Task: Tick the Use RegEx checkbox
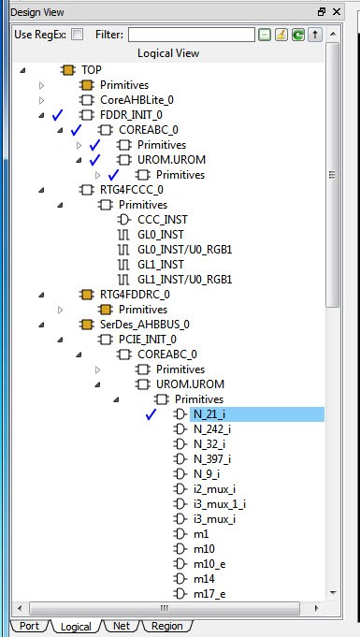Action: point(77,35)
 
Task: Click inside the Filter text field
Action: point(192,35)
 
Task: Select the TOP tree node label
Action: point(92,70)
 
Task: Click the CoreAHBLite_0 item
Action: point(137,100)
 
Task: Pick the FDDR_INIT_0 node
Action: point(131,115)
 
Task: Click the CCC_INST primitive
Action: point(163,220)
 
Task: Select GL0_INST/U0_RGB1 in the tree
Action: point(185,250)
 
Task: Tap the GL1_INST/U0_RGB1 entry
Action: point(185,280)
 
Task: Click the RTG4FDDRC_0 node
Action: point(135,294)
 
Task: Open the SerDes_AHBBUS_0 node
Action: point(145,325)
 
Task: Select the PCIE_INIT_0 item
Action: point(148,340)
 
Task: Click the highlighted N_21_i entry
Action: point(209,414)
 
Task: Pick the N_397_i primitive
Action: point(212,459)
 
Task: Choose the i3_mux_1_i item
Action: point(220,504)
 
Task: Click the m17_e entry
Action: point(209,594)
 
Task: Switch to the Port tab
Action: point(29,626)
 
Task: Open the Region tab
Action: point(166,626)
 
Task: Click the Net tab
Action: point(122,626)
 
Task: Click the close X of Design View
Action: point(337,12)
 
